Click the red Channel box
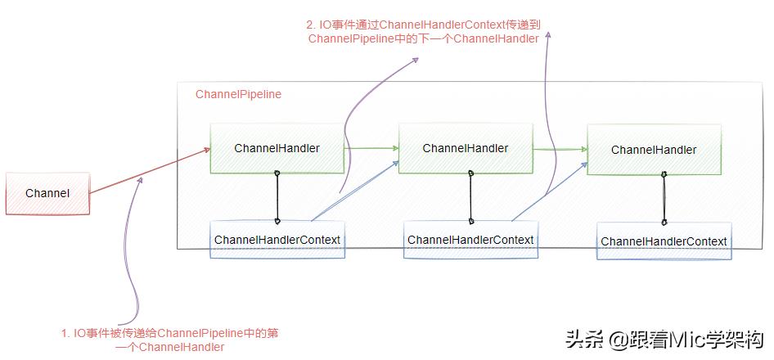point(47,194)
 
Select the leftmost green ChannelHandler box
point(277,148)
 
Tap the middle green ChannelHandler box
point(465,148)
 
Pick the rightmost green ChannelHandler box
point(654,150)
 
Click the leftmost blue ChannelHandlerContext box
point(277,240)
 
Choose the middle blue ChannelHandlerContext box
point(470,240)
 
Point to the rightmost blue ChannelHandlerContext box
point(664,241)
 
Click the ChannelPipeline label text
point(238,95)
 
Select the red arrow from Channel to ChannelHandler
point(147,171)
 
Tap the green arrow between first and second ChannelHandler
point(371,148)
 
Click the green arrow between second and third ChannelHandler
point(560,149)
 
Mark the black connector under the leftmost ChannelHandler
point(277,197)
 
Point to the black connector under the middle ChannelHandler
point(470,197)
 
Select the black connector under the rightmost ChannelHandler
point(664,199)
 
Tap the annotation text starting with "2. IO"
point(424,31)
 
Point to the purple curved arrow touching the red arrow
point(131,245)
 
